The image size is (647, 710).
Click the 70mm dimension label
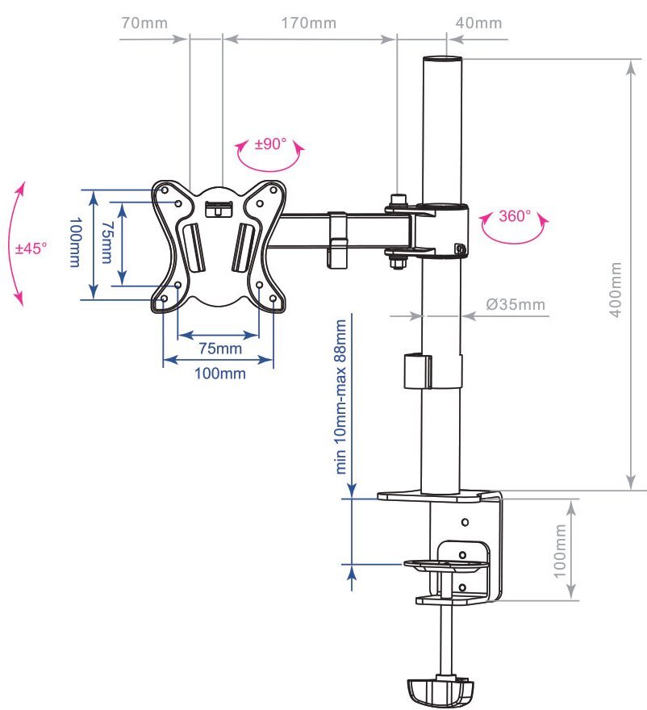(x=144, y=23)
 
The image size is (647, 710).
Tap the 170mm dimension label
(x=309, y=23)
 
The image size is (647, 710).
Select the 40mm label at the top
(x=478, y=23)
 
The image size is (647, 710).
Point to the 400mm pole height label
(x=616, y=290)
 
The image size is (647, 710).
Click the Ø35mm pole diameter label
(x=516, y=304)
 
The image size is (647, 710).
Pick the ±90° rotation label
(x=270, y=144)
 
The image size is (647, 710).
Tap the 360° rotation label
(x=515, y=216)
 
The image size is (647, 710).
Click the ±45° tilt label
(x=31, y=248)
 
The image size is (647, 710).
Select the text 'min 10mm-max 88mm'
(x=340, y=397)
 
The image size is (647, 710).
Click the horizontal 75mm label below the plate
(x=220, y=349)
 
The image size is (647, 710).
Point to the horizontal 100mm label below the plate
(x=220, y=374)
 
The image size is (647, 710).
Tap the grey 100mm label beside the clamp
(x=560, y=551)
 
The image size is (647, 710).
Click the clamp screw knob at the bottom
(x=440, y=691)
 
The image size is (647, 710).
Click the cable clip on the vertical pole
(x=417, y=371)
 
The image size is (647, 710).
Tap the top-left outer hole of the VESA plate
(x=165, y=190)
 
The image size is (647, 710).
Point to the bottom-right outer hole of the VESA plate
(x=273, y=299)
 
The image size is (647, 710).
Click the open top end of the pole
(x=442, y=58)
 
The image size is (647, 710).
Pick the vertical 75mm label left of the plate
(x=106, y=242)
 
